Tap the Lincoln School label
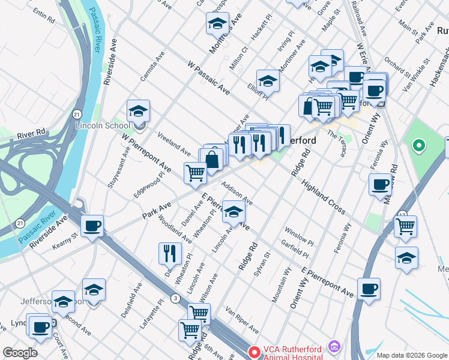coord(102,126)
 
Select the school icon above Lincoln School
coord(138,111)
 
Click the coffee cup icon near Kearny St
coord(92,226)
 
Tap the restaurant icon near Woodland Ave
coord(170,253)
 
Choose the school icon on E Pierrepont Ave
coord(234,211)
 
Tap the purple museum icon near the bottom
coord(335,347)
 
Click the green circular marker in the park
coord(418,145)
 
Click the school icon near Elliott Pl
coord(268,81)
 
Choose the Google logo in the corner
coord(20,353)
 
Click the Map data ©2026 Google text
coord(412,355)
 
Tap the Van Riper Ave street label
coord(242,320)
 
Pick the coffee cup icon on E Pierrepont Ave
coord(369,289)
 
